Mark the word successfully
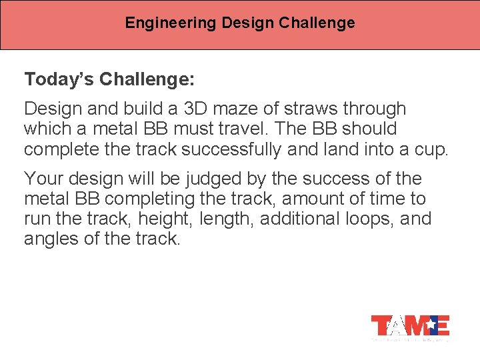pos(231,149)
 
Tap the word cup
pos(433,149)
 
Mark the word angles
pos(50,239)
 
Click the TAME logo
pos(410,326)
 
